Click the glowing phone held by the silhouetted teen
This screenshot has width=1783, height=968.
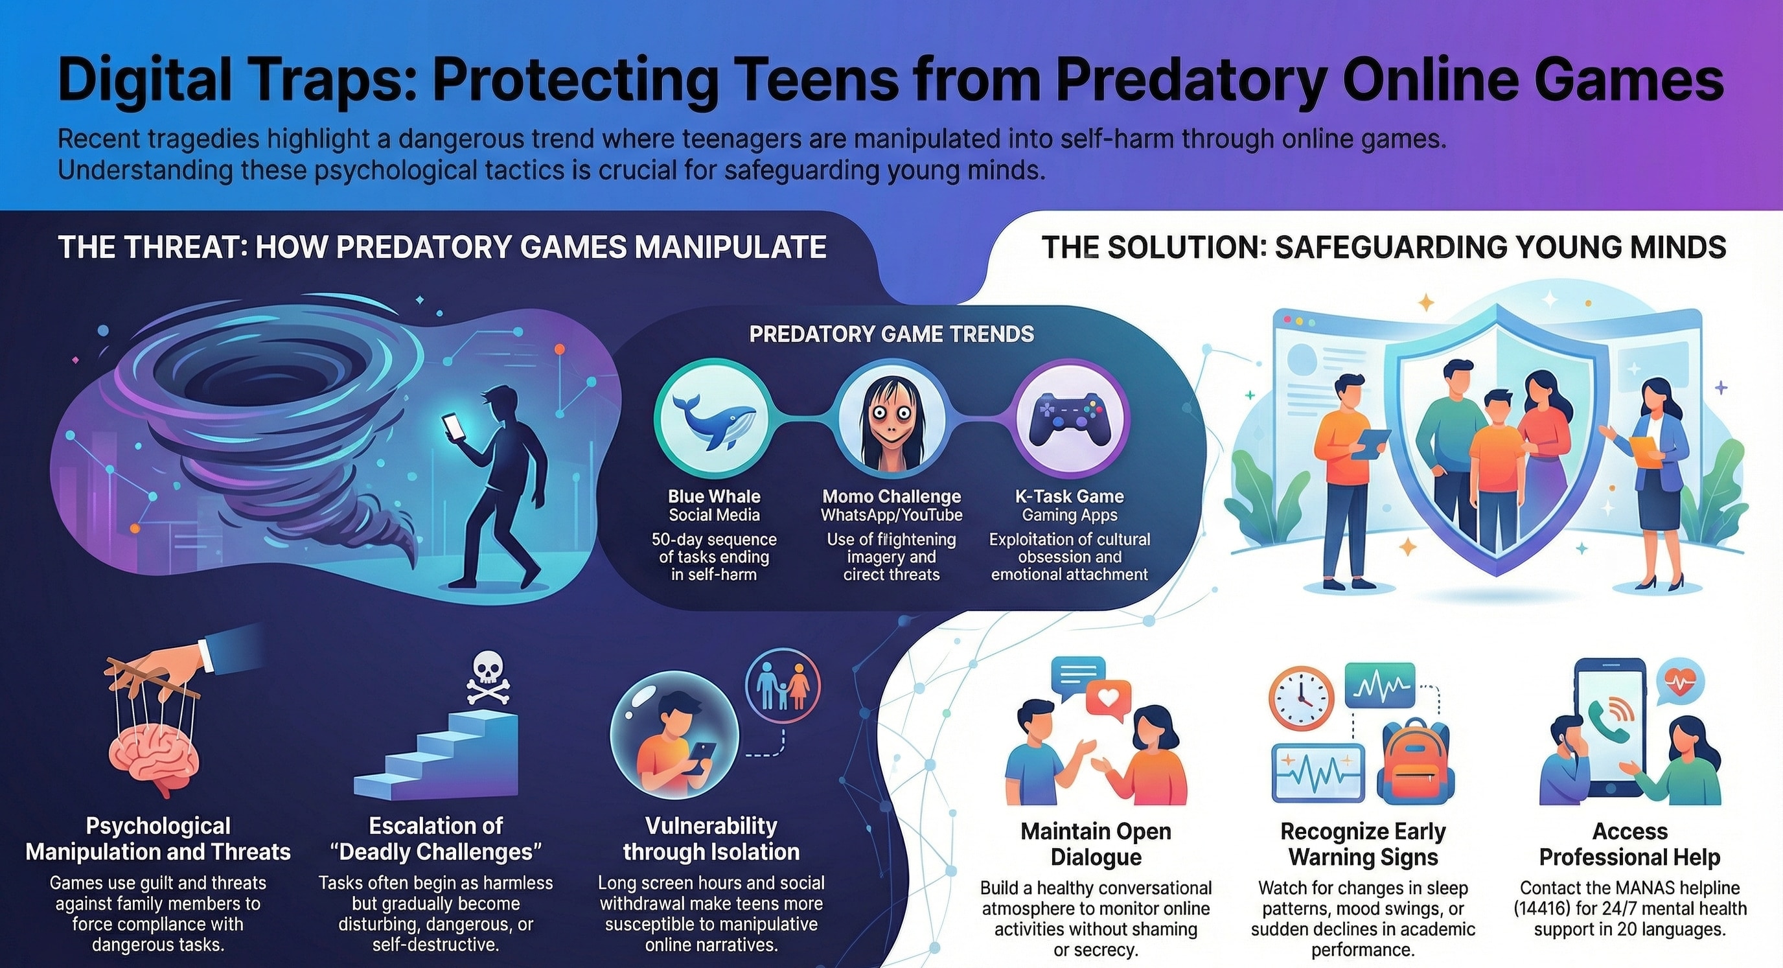(454, 425)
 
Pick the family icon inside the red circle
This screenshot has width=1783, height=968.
(783, 686)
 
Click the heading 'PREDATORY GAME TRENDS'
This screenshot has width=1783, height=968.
(891, 334)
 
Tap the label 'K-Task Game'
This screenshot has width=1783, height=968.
(1070, 496)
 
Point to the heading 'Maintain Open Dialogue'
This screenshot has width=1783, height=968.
(1096, 844)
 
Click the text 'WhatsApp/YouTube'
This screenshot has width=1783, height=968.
(891, 515)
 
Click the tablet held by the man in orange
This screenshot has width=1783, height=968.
(1370, 443)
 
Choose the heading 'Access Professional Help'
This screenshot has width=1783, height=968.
(1629, 844)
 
